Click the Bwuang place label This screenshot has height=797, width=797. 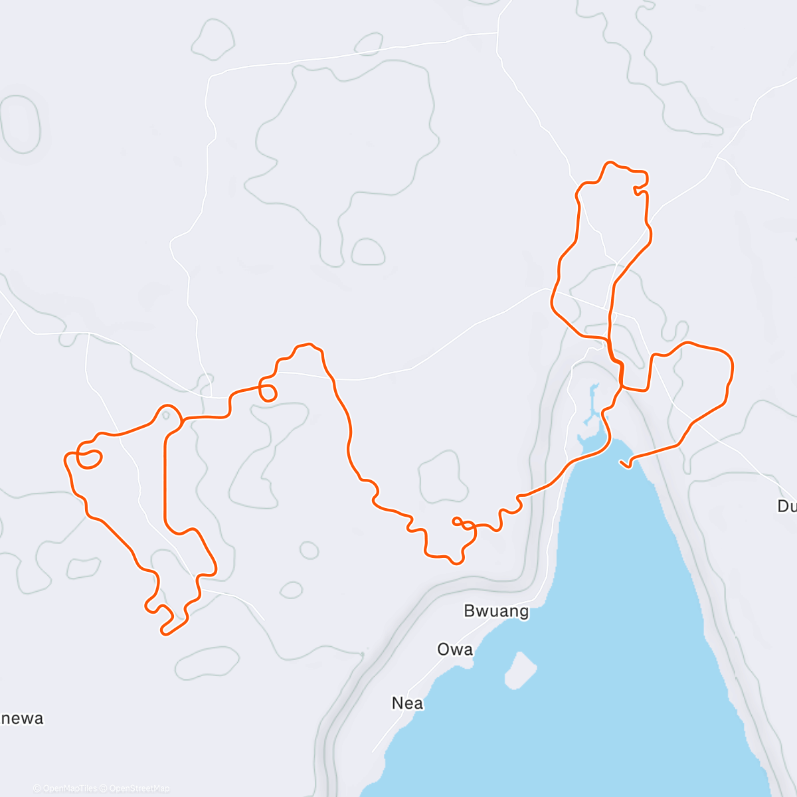click(496, 611)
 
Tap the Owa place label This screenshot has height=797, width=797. click(455, 650)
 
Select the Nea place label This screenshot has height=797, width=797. click(407, 703)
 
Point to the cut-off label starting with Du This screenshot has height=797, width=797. click(787, 506)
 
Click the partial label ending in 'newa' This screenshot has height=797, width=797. click(23, 718)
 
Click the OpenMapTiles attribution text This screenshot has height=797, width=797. click(65, 788)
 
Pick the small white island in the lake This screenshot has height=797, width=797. click(521, 669)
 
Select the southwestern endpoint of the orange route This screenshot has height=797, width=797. click(163, 632)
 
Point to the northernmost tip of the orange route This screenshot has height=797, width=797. click(610, 162)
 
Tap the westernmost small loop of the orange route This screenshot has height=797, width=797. click(89, 458)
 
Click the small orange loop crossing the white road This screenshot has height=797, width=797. click(267, 393)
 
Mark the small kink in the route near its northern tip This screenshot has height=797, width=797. click(639, 191)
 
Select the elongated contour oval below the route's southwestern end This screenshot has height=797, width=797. click(207, 663)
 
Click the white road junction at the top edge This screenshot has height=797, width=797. click(497, 32)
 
